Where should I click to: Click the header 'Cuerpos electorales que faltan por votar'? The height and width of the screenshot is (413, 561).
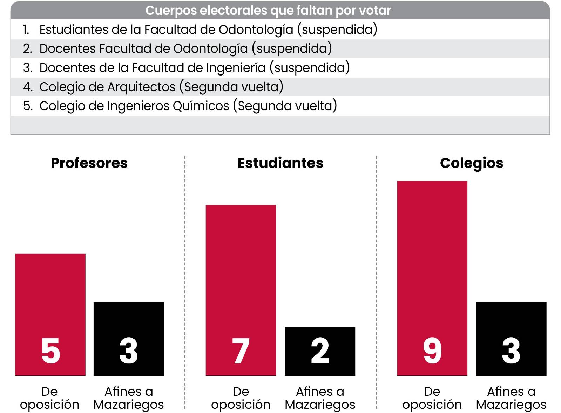[x=268, y=11]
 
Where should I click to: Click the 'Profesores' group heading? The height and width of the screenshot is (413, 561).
[x=89, y=163]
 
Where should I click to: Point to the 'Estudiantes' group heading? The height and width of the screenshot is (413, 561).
[x=280, y=163]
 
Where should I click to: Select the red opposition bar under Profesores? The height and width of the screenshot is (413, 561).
[x=50, y=315]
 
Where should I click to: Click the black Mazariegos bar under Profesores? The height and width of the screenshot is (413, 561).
[x=129, y=339]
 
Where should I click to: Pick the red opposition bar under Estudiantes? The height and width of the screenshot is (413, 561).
[x=241, y=290]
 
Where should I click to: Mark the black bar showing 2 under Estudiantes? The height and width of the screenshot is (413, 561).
[x=320, y=351]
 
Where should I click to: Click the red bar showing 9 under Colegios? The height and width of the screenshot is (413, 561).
[x=432, y=278]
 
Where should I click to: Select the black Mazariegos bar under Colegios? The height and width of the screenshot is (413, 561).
[x=512, y=339]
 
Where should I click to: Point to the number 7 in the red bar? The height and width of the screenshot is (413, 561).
[x=241, y=351]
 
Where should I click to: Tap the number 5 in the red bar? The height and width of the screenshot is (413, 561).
[x=51, y=351]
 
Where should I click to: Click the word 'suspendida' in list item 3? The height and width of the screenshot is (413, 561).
[x=310, y=68]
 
